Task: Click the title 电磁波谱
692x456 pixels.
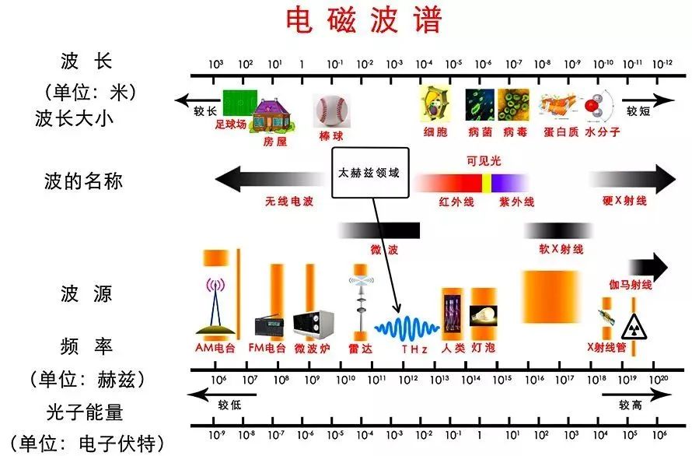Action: click(364, 20)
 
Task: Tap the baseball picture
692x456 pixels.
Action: click(331, 111)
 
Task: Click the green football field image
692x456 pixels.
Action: click(239, 103)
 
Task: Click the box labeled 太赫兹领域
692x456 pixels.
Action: click(370, 172)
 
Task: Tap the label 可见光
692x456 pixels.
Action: click(484, 161)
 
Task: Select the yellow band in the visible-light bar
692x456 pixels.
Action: click(486, 183)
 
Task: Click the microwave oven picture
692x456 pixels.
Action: click(313, 324)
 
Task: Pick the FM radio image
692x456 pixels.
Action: click(269, 326)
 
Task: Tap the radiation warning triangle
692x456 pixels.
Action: click(634, 327)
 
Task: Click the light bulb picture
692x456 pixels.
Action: click(484, 315)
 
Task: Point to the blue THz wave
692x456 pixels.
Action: click(407, 328)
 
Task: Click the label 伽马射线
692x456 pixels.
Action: click(631, 285)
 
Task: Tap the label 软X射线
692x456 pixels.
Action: click(561, 249)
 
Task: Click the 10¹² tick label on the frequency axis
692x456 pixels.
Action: click(408, 379)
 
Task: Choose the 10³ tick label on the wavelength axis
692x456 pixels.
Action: click(216, 64)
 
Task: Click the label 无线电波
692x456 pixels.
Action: click(289, 202)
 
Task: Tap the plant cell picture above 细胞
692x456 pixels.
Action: click(435, 103)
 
